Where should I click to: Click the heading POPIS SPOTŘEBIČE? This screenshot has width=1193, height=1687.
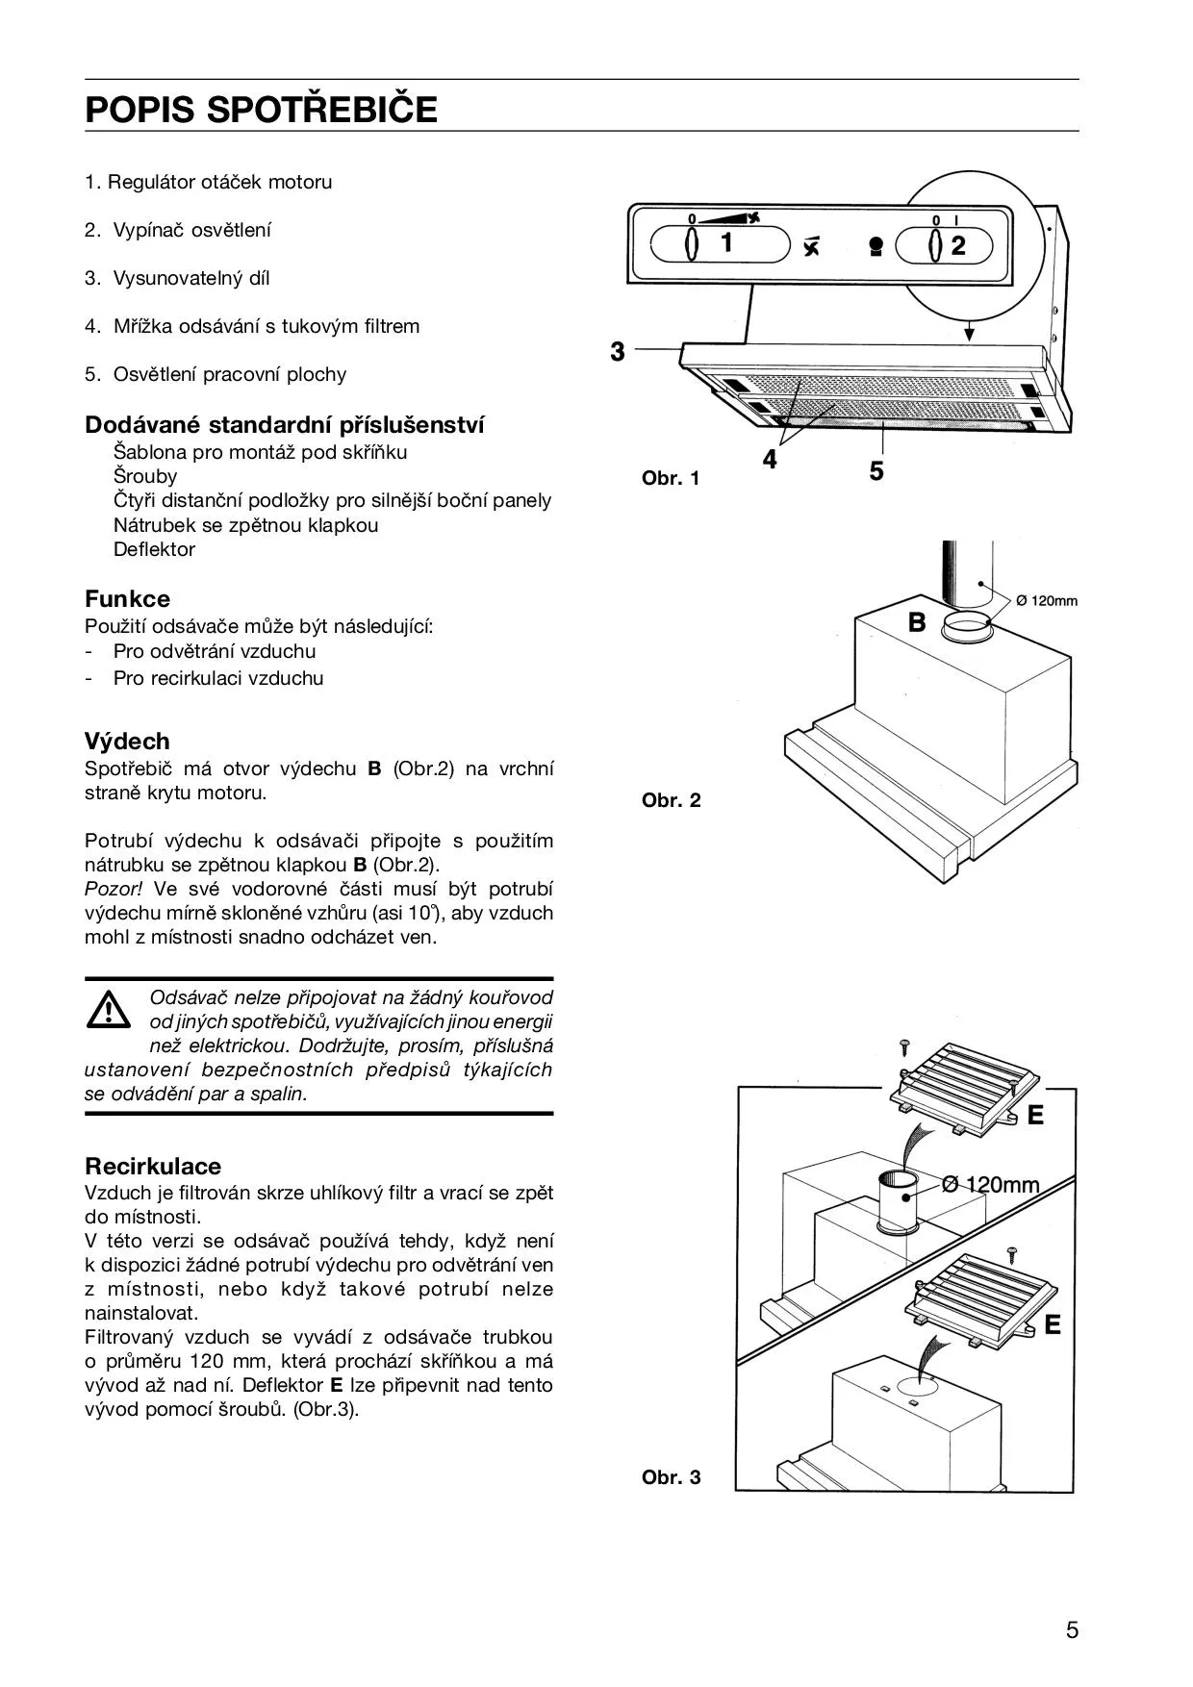coord(261,110)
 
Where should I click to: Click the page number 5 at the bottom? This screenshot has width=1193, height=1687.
coord(1072,1630)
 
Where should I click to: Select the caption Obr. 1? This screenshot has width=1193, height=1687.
coord(671,478)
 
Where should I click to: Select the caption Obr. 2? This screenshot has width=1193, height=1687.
coord(671,800)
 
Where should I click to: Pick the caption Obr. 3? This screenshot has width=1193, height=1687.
coord(671,1477)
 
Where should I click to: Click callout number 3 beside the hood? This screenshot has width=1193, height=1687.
coord(618,352)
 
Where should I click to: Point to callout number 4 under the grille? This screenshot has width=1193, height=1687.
coord(770,461)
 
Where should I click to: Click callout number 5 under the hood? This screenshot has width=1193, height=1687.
coord(876,471)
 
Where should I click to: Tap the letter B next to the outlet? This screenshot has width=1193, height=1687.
coord(917,623)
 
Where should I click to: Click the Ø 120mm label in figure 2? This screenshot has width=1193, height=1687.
coord(1047,601)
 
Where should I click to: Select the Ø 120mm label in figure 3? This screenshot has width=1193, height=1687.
coord(991,1184)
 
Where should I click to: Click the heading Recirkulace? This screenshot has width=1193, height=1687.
coord(153,1167)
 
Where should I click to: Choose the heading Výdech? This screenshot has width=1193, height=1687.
coord(127,742)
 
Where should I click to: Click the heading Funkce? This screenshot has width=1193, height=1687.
coord(127,599)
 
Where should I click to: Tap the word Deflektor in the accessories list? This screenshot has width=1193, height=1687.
coord(154,549)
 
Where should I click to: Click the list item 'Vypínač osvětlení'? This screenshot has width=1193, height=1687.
coord(191,230)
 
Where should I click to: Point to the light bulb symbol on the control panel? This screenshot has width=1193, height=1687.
coord(876,247)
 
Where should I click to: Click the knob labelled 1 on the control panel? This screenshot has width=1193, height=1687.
coord(692,244)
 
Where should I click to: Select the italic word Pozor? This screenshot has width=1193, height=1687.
coord(114,889)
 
